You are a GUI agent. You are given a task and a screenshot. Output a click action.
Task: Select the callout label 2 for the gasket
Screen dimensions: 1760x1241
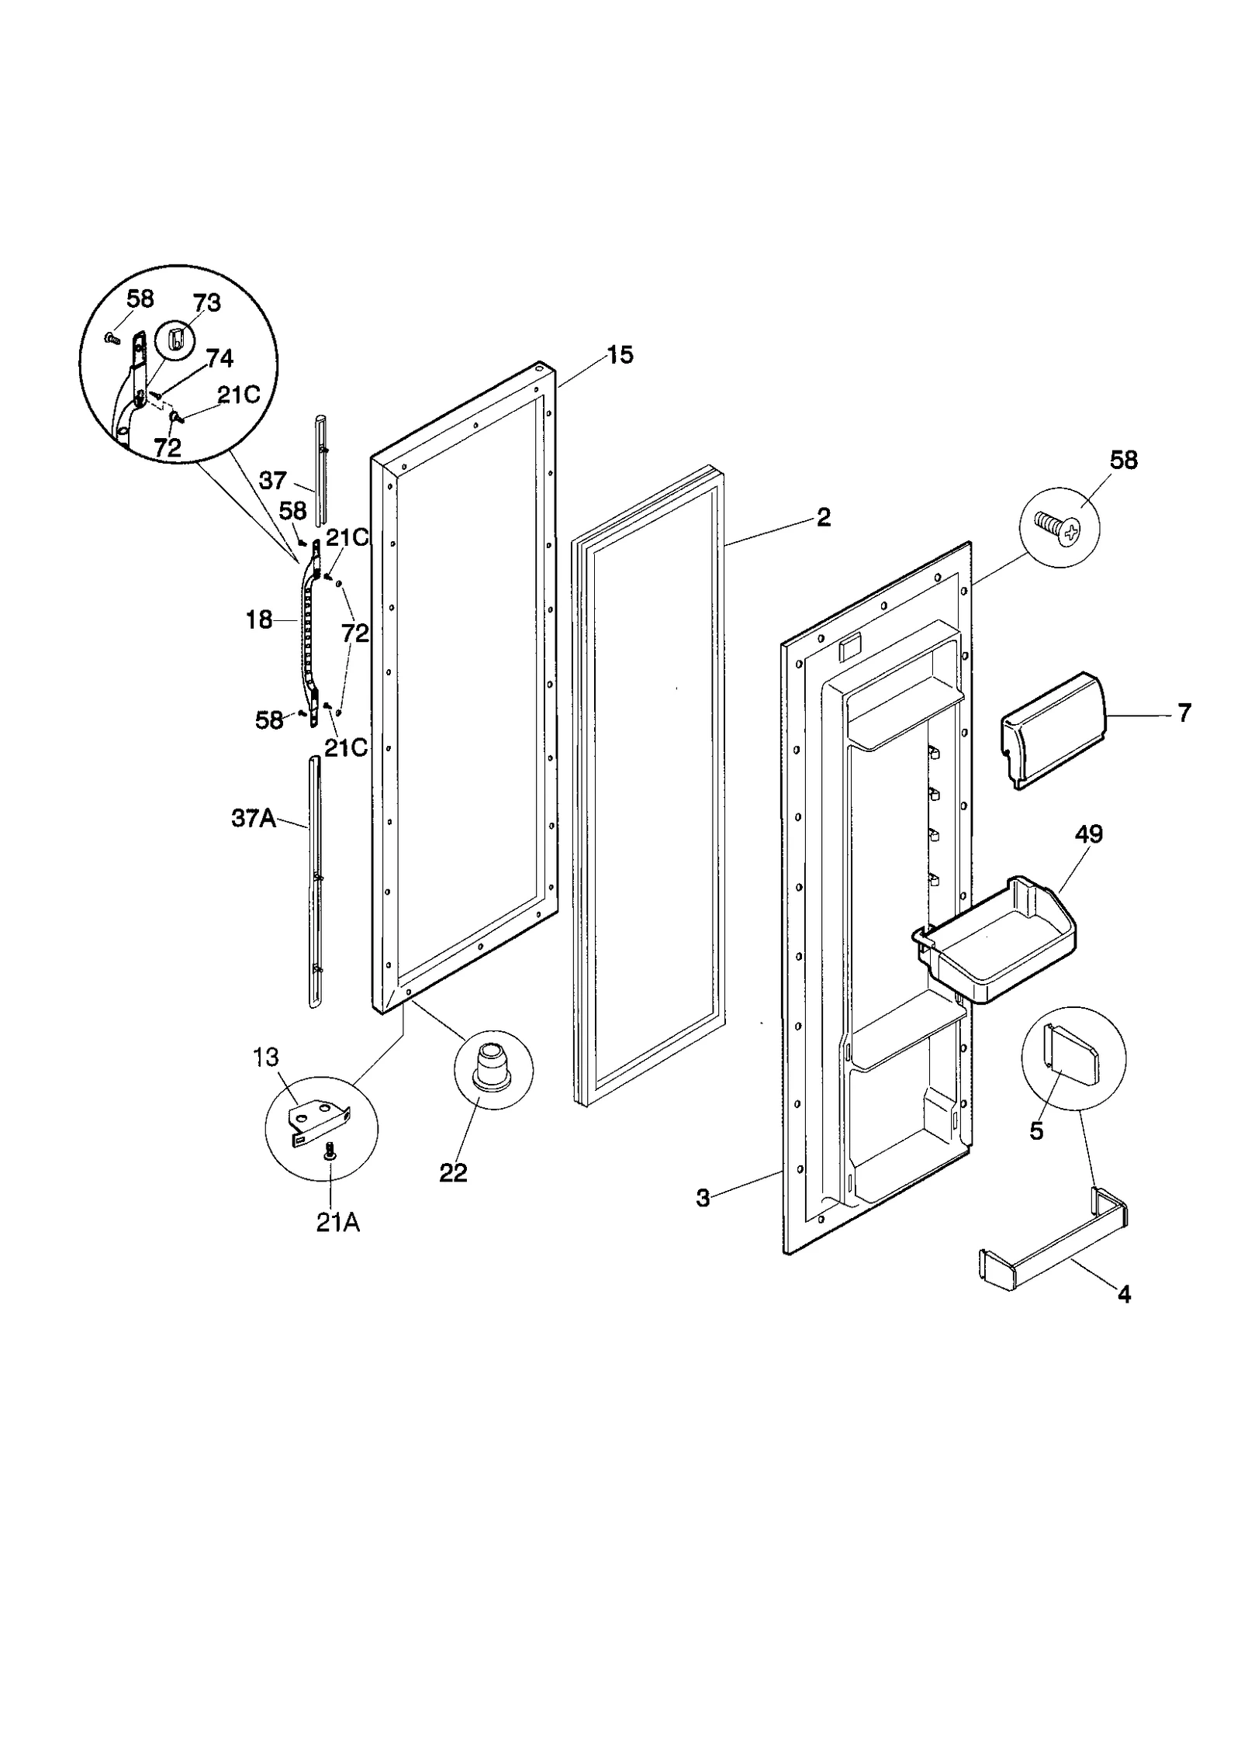pos(824,517)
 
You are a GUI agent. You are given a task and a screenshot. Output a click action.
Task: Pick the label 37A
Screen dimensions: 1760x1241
pos(254,818)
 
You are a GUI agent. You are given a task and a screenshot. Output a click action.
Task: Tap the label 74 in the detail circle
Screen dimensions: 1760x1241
pos(220,357)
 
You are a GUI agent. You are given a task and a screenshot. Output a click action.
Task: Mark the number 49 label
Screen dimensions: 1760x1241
pos(1088,834)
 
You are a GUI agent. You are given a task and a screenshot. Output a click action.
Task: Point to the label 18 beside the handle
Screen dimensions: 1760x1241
pos(259,619)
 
